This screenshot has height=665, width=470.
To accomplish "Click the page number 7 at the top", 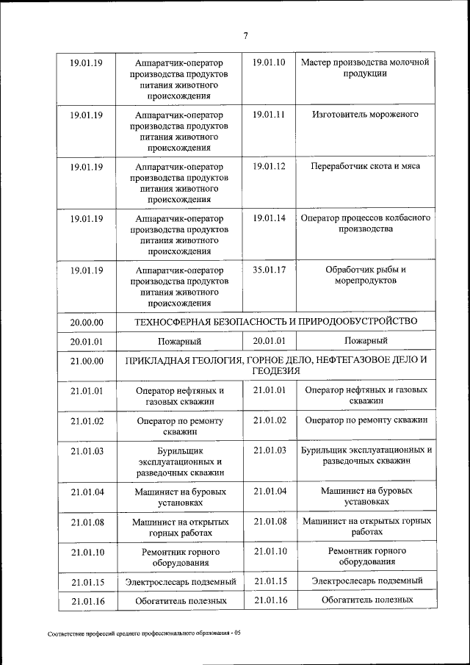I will coord(246,35).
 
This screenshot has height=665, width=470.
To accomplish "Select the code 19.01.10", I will coord(268,62).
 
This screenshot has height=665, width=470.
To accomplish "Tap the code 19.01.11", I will coord(268,115).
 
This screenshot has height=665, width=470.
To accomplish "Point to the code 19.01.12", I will coord(268,166).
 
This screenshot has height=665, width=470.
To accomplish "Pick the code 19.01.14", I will coord(268,218).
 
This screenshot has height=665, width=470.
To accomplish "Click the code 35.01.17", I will coord(268,270).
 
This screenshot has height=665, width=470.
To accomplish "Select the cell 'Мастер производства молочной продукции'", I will coord(365,68).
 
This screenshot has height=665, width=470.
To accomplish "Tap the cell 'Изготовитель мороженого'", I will coord(365,115).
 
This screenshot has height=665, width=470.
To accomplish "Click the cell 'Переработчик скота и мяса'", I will coord(365,167).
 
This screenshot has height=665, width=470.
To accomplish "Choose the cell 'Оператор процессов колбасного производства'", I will coord(365,223).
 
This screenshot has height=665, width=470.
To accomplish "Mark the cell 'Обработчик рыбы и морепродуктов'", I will coord(365,275).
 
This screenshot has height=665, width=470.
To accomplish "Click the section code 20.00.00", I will coord(87,322).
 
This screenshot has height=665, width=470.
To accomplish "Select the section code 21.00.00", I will coord(87,362).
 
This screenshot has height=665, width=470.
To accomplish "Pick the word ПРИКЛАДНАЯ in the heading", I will coord(158,360).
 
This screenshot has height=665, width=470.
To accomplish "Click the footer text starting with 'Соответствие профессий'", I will coord(140,633).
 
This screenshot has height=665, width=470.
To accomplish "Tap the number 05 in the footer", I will coord(237,633).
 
